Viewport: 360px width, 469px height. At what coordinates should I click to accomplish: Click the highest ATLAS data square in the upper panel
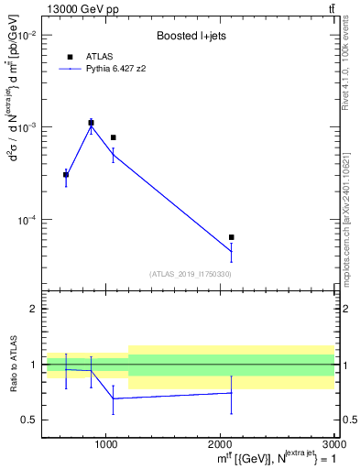click(91, 123)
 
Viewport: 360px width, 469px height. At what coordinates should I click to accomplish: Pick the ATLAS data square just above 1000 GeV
click(113, 137)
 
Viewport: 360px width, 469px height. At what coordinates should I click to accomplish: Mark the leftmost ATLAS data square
click(66, 174)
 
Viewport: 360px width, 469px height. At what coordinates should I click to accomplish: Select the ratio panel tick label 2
click(34, 309)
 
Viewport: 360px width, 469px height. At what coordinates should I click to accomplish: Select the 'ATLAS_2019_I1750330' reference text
click(191, 274)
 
